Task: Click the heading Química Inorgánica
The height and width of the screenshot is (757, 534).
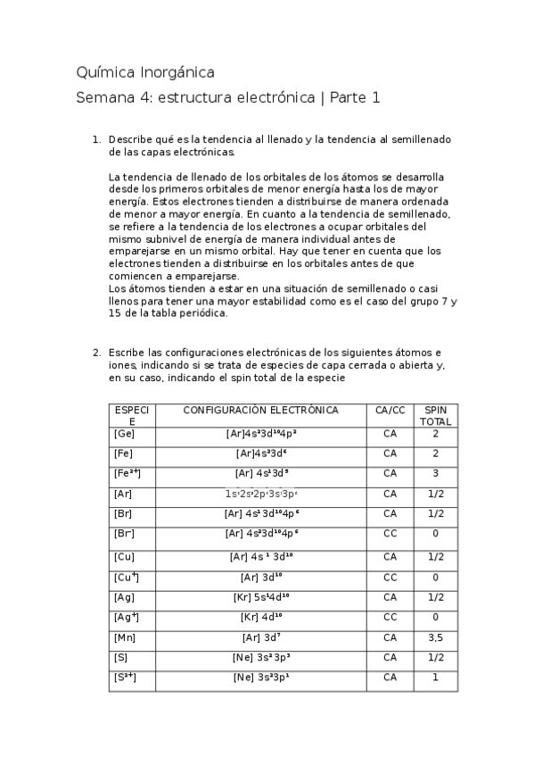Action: [x=145, y=72]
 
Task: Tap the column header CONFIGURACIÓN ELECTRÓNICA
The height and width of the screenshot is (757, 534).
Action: [x=260, y=411]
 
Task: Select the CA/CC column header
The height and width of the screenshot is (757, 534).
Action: [x=390, y=411]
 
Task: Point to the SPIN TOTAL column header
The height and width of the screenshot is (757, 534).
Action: [x=436, y=415]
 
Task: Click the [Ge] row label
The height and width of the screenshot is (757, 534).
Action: [x=124, y=433]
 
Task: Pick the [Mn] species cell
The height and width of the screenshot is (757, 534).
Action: [x=124, y=637]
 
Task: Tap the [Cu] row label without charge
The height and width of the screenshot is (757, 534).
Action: [x=124, y=556]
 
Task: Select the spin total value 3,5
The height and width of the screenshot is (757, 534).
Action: [x=436, y=637]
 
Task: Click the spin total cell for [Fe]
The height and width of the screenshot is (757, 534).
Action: [x=436, y=453]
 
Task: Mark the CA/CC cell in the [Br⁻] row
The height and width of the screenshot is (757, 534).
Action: [x=390, y=534]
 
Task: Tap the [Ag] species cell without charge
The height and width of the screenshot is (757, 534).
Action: [x=124, y=597]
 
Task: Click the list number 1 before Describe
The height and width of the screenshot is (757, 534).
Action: [x=96, y=140]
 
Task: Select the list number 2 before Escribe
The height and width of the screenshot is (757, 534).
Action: [x=96, y=353]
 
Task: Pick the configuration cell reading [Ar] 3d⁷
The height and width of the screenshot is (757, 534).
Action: [x=262, y=637]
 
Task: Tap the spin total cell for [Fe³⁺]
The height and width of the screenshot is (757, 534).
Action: [x=436, y=473]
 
